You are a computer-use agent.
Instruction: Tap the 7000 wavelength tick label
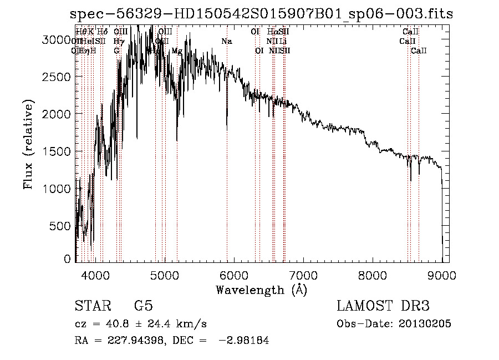click(x=303, y=274)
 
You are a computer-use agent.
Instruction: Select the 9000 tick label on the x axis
click(x=442, y=274)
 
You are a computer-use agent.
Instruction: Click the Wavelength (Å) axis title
click(x=261, y=290)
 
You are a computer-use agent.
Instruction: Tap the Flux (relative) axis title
click(x=28, y=145)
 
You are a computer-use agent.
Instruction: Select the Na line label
click(x=226, y=42)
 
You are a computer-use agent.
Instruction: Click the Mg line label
click(x=176, y=51)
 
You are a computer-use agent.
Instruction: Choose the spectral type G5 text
click(x=143, y=306)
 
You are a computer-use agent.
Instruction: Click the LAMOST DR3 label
click(x=383, y=306)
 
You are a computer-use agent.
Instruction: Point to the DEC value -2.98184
click(x=245, y=341)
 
